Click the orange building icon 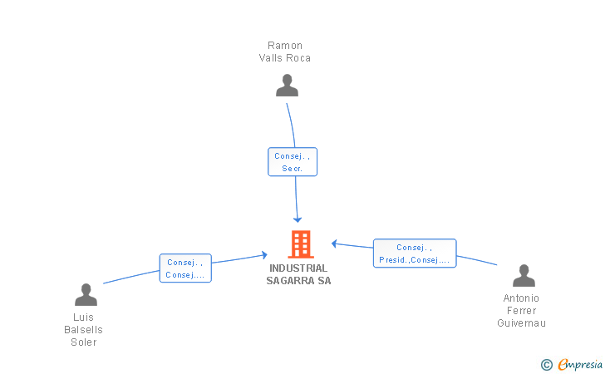point(300,244)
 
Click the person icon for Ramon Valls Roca point(287,86)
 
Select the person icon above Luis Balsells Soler point(86,294)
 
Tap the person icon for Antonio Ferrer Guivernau point(524,275)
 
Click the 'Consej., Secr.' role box point(293,161)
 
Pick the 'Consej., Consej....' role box point(185,268)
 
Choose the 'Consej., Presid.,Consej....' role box point(415,253)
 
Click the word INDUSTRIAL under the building point(298,268)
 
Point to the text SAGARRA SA point(298,281)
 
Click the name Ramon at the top point(285,46)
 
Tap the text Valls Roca point(285,58)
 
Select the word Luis point(84,317)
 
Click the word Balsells point(84,330)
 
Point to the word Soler point(84,342)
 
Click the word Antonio point(521,298)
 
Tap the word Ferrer point(521,311)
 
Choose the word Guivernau point(521,323)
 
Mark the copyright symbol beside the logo point(546,364)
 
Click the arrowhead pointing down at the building point(298,219)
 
